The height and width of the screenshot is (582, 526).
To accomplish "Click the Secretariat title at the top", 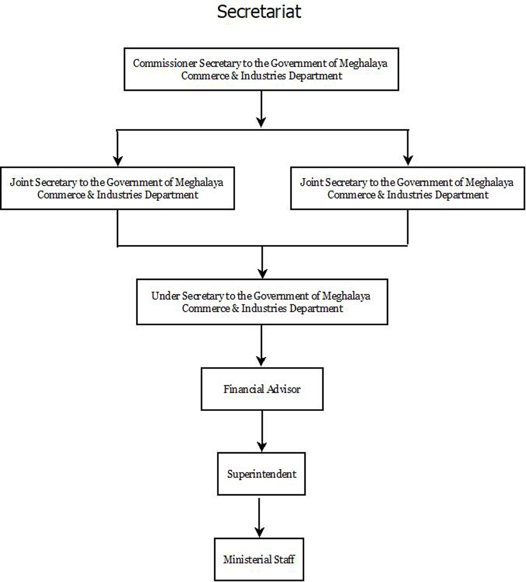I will click(x=260, y=12).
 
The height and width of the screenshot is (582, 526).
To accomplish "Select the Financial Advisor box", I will click(x=262, y=389).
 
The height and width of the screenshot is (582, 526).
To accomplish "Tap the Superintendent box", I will click(x=261, y=474).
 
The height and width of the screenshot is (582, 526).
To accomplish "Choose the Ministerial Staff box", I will click(x=259, y=559).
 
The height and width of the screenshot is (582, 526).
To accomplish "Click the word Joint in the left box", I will click(x=20, y=182).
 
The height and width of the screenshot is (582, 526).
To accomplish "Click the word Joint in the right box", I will click(x=310, y=182).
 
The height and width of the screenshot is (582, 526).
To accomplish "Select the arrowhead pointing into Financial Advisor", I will click(x=262, y=359).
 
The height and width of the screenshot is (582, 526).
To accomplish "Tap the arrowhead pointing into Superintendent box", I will click(x=262, y=443).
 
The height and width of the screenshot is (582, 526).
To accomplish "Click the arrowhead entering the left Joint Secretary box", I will click(x=118, y=159).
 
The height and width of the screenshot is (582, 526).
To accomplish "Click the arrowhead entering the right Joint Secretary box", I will click(x=408, y=159).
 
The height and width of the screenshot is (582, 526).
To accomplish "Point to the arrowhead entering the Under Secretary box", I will click(x=262, y=271).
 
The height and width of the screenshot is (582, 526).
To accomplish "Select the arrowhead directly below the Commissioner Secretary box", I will click(x=261, y=120).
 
